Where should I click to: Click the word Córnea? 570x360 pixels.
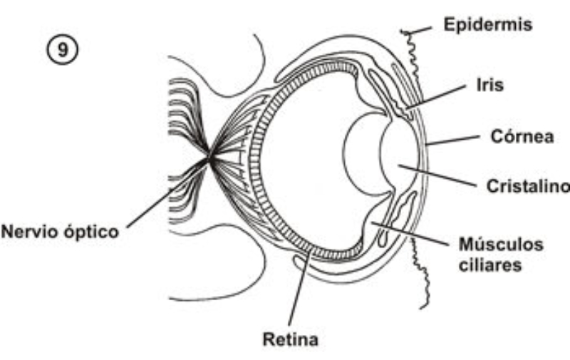pyautogui.click(x=522, y=136)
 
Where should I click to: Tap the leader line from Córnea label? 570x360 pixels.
pyautogui.click(x=452, y=139)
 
